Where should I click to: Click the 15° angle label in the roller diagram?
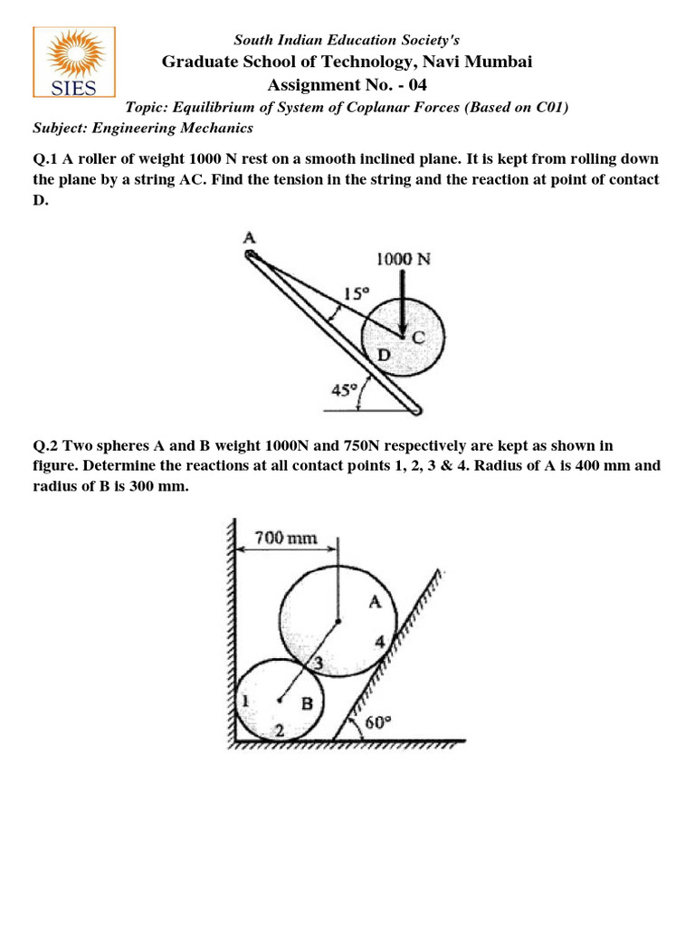(357, 293)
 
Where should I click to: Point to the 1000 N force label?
(404, 258)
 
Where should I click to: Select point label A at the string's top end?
(250, 238)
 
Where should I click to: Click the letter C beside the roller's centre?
(418, 337)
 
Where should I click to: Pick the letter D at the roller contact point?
(384, 356)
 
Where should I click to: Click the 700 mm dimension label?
(285, 538)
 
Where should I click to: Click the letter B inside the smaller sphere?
(307, 703)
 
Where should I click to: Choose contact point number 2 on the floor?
(280, 730)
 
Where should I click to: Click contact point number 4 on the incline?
(381, 642)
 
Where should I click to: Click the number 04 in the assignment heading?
(416, 85)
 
